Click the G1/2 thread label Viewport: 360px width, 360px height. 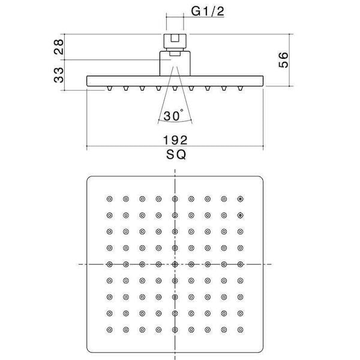(x=208, y=11)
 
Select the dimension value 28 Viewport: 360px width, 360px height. (x=59, y=47)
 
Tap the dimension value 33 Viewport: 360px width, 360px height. (x=59, y=75)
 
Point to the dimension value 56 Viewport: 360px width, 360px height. (x=283, y=60)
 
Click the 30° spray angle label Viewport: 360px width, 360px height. (x=173, y=115)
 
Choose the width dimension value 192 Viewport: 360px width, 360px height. (x=175, y=140)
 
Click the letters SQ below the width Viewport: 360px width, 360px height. (x=176, y=155)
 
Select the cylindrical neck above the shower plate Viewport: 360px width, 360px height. (x=175, y=64)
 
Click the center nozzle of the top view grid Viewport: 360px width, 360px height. (x=175, y=264)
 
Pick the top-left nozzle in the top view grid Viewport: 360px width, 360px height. (x=110, y=199)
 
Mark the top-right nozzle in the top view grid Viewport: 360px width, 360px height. (x=240, y=199)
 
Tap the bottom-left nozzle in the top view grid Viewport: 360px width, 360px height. (x=110, y=329)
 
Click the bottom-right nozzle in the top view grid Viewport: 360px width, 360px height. (x=240, y=329)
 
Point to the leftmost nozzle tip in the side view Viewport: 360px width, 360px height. (x=110, y=89)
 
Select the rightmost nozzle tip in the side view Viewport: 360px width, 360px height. (x=240, y=89)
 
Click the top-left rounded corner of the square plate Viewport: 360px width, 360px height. (x=88, y=178)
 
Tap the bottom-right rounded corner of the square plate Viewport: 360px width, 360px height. (x=262, y=351)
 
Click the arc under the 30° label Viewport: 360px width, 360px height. (x=175, y=121)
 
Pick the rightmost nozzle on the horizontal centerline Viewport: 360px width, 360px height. (x=240, y=264)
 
